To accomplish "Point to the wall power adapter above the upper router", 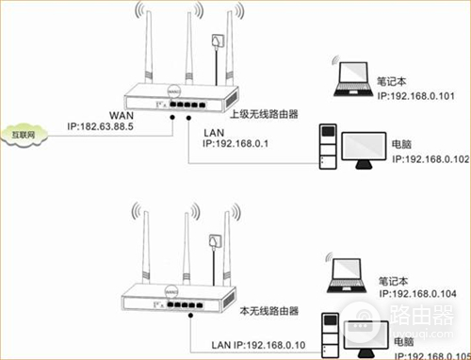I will pyautogui.click(x=222, y=43).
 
